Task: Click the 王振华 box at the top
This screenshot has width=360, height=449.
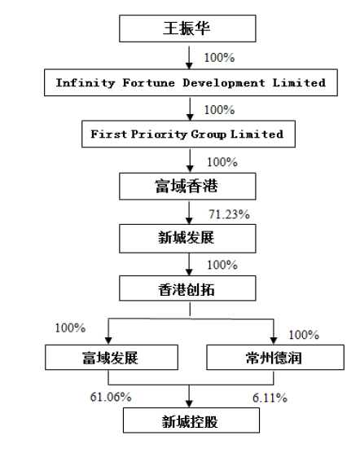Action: pyautogui.click(x=187, y=29)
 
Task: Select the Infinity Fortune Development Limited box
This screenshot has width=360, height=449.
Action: pyautogui.click(x=191, y=82)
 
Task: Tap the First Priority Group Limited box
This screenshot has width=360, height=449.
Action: pyautogui.click(x=188, y=134)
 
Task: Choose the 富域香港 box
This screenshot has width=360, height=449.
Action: pyautogui.click(x=187, y=186)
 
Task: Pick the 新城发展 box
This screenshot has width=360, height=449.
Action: pyautogui.click(x=187, y=239)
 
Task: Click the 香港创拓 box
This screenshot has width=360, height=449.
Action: pyautogui.click(x=187, y=288)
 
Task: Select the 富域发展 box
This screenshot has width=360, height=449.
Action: pyautogui.click(x=112, y=358)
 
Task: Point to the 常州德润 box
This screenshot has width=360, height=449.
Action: pyautogui.click(x=275, y=358)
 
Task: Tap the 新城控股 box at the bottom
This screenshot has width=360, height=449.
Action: pyautogui.click(x=191, y=420)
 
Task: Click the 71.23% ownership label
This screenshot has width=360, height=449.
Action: pyautogui.click(x=229, y=214)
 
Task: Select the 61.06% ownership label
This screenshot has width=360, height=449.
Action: pyautogui.click(x=111, y=397)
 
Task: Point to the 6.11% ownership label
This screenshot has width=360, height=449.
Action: pyautogui.click(x=270, y=398)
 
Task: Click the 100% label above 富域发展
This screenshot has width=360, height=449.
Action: pyautogui.click(x=70, y=328)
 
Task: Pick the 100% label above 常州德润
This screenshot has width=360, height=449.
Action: pyautogui.click(x=304, y=335)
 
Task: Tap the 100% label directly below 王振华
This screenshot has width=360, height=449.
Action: pyautogui.click(x=219, y=58)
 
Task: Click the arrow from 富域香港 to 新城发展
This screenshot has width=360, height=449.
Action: pyautogui.click(x=189, y=213)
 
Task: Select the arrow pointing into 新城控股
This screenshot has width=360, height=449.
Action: pyautogui.click(x=189, y=396)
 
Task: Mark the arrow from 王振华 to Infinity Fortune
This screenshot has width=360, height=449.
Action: pyautogui.click(x=189, y=58)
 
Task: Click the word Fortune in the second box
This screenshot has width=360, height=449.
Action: pyautogui.click(x=149, y=83)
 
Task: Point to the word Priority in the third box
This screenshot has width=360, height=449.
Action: pyautogui.click(x=159, y=134)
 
